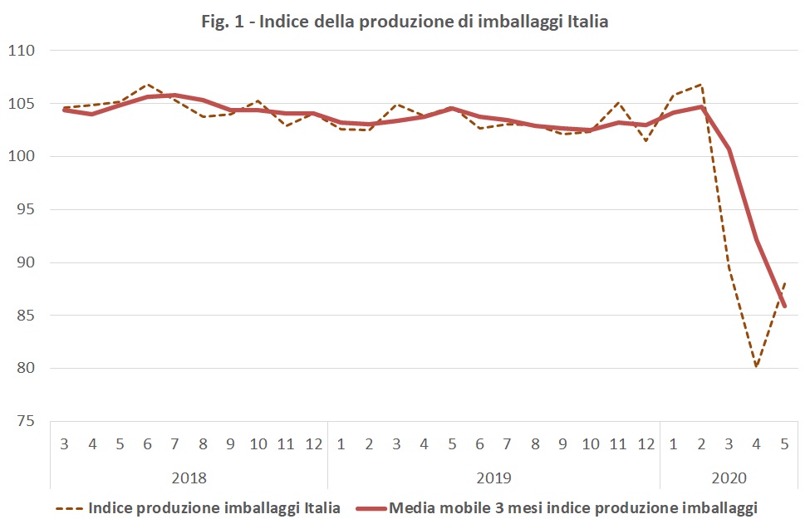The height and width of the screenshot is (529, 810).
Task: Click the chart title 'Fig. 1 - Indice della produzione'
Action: coord(405,22)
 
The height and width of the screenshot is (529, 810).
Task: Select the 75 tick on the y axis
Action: coord(26,421)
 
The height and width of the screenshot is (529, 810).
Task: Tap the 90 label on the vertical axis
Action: coord(26,262)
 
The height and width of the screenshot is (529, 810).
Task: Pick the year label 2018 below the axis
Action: coord(189,478)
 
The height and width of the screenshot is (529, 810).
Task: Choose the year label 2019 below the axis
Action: coord(493,478)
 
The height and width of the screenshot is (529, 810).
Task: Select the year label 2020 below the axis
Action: coord(729,478)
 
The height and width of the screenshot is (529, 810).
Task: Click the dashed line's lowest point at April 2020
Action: coord(757,366)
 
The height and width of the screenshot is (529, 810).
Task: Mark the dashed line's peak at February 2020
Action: coord(702,84)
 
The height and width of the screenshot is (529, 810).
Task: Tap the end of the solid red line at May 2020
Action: coord(784,306)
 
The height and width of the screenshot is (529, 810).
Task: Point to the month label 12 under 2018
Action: coord(313,444)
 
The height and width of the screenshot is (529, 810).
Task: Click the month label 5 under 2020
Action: coord(784,444)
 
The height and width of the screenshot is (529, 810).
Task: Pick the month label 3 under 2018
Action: coord(65,444)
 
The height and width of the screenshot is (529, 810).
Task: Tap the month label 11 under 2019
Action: coord(618,444)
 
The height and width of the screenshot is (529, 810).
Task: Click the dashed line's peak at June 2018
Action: coord(148,85)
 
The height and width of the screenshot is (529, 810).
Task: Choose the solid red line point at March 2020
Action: coord(729,149)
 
